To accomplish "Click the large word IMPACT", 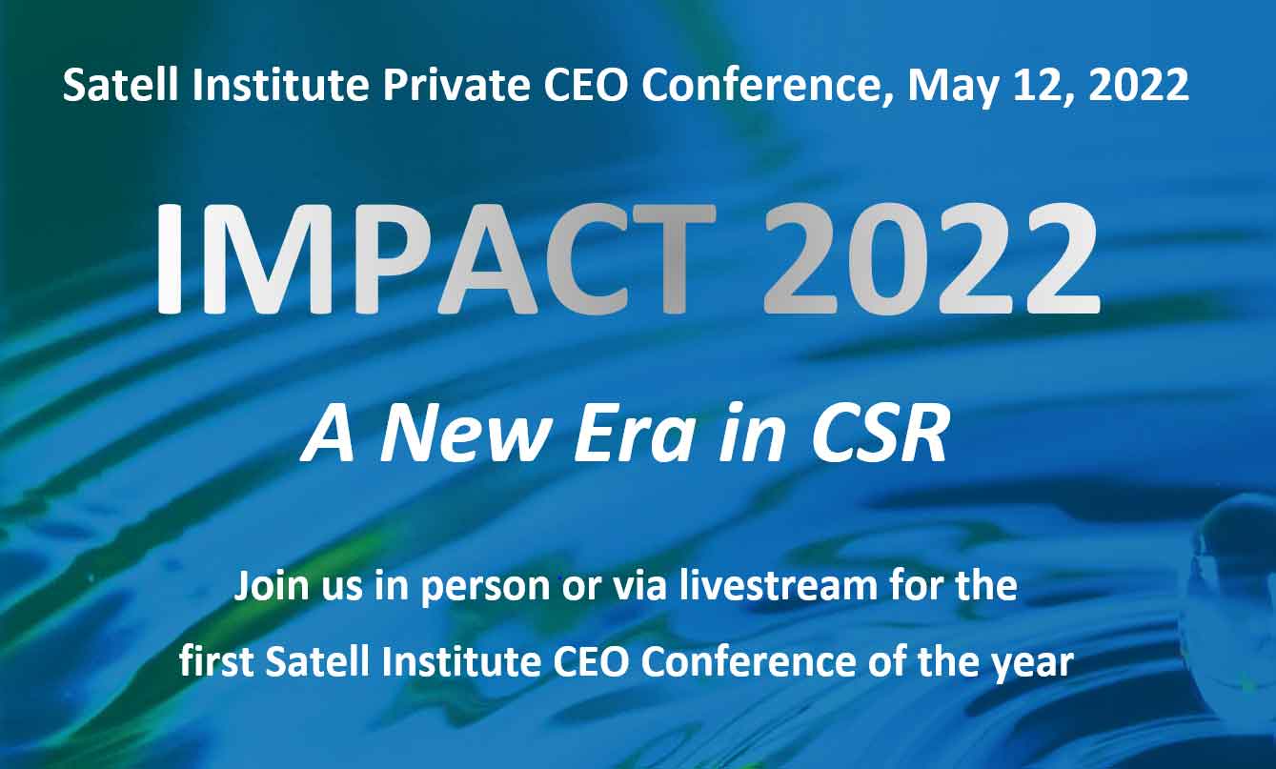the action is click(435, 259).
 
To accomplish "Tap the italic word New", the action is click(462, 435).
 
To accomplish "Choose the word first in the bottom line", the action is click(216, 661).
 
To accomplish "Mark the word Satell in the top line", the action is click(120, 86).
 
